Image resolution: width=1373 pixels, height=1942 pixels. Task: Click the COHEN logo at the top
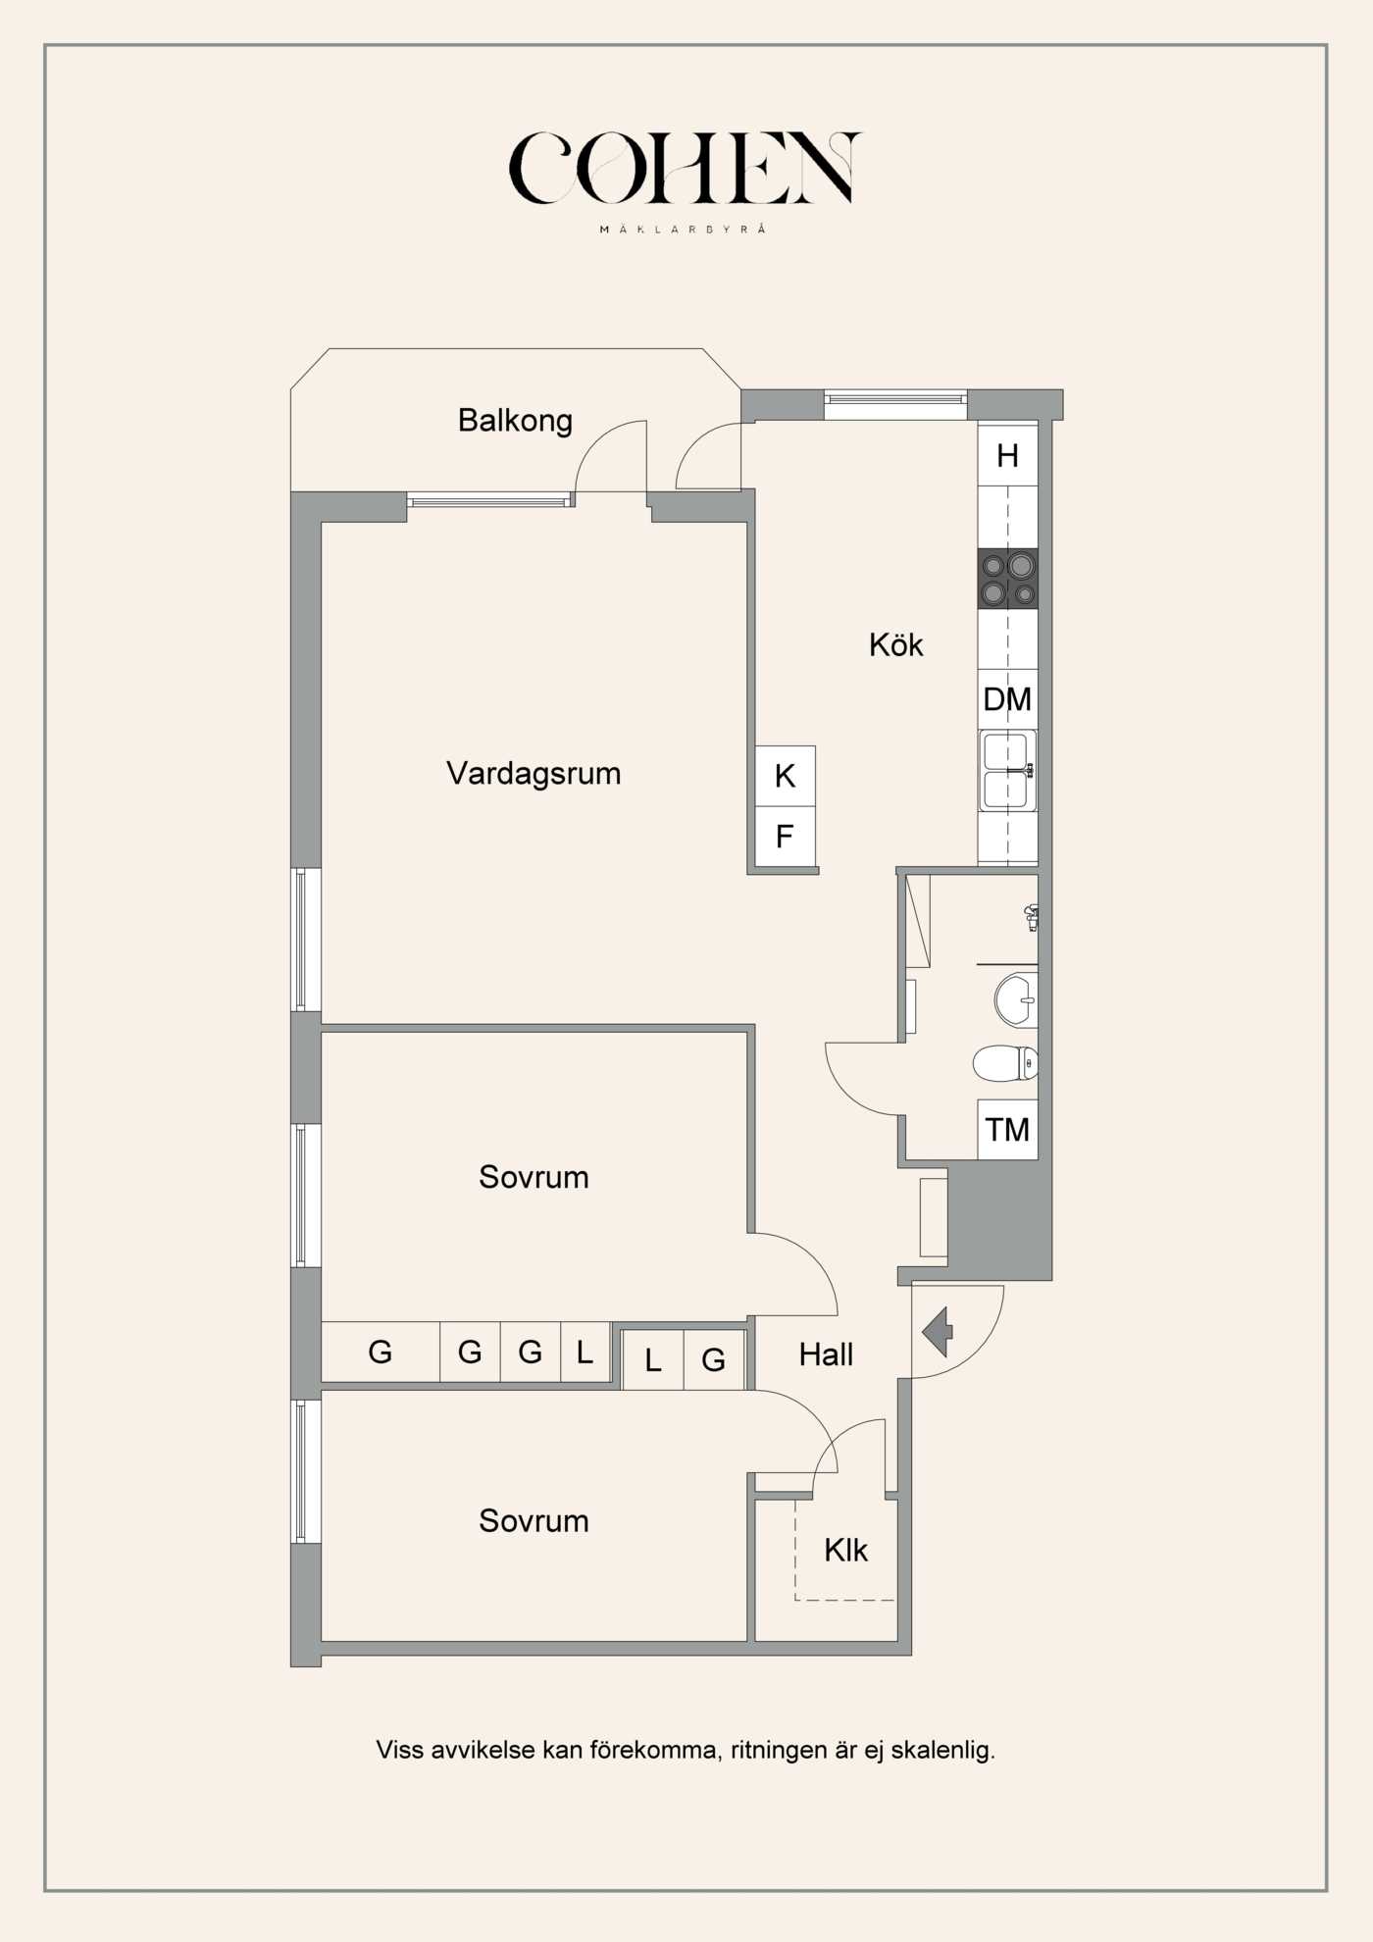click(685, 169)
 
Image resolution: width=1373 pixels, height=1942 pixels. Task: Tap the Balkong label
click(515, 421)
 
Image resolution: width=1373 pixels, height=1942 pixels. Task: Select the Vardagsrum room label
click(534, 774)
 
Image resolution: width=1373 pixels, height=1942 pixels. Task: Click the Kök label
click(895, 645)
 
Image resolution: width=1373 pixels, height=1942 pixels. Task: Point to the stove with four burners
click(1007, 579)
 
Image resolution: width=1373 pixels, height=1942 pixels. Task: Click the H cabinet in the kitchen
click(1007, 455)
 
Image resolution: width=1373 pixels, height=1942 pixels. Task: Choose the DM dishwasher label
click(1007, 699)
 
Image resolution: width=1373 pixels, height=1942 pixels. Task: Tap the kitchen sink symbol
click(1007, 771)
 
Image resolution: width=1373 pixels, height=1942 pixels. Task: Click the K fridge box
click(785, 776)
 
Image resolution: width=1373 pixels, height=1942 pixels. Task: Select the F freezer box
click(785, 837)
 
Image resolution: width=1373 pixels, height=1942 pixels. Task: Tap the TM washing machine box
click(1007, 1130)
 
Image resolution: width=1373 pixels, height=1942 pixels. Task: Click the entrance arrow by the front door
click(939, 1331)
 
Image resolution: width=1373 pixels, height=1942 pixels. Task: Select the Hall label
click(826, 1355)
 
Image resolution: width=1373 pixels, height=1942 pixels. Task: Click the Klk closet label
click(845, 1551)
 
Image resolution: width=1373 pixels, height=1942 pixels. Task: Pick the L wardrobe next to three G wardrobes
click(585, 1353)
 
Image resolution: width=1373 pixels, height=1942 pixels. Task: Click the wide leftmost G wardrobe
click(380, 1353)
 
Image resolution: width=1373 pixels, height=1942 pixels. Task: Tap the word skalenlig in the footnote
click(942, 1750)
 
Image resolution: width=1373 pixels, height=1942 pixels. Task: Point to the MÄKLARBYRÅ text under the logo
click(683, 230)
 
